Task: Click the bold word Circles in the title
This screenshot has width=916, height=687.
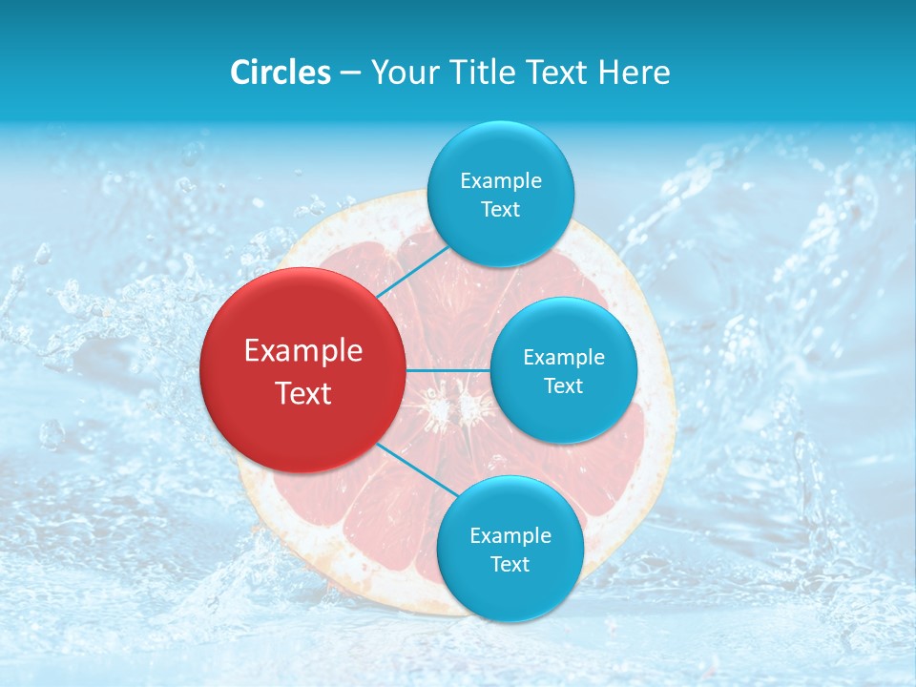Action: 280,73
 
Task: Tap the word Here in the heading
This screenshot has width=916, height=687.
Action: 634,73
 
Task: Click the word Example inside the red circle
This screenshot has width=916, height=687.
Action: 303,351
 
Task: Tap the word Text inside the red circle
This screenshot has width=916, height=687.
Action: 303,393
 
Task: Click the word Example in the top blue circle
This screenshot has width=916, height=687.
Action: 501,181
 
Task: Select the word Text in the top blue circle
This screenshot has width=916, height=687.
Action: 500,210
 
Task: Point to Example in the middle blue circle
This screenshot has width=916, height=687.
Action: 564,358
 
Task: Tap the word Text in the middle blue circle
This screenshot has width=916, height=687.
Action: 563,386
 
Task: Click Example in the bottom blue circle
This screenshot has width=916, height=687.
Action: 510,536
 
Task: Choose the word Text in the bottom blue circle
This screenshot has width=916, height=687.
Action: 510,565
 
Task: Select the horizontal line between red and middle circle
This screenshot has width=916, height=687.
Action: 448,370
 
